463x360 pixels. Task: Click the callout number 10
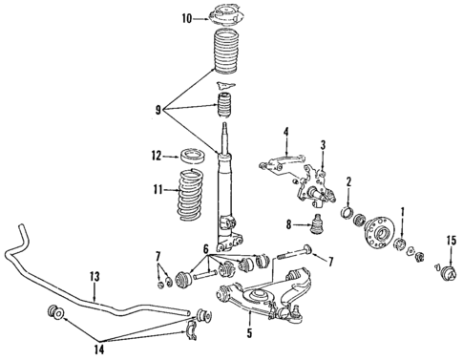(x=186, y=17)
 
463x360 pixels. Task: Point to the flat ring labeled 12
(x=195, y=155)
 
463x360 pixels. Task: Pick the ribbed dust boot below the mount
(x=225, y=64)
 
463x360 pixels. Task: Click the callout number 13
(x=95, y=277)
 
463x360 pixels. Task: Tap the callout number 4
(x=284, y=132)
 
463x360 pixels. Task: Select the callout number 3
(x=323, y=145)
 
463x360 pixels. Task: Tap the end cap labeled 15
(x=446, y=274)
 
